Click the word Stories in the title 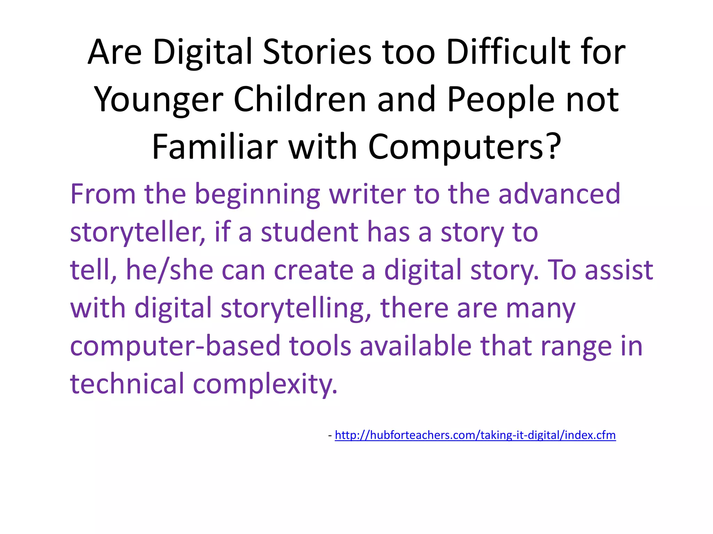(317, 52)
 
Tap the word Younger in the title (159, 100)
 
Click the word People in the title (501, 100)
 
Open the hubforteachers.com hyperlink (475, 435)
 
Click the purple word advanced (559, 194)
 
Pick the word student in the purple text (310, 232)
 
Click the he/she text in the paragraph (170, 270)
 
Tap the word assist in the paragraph (619, 270)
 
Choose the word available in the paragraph (416, 346)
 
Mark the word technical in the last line (127, 383)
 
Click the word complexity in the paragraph (265, 384)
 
